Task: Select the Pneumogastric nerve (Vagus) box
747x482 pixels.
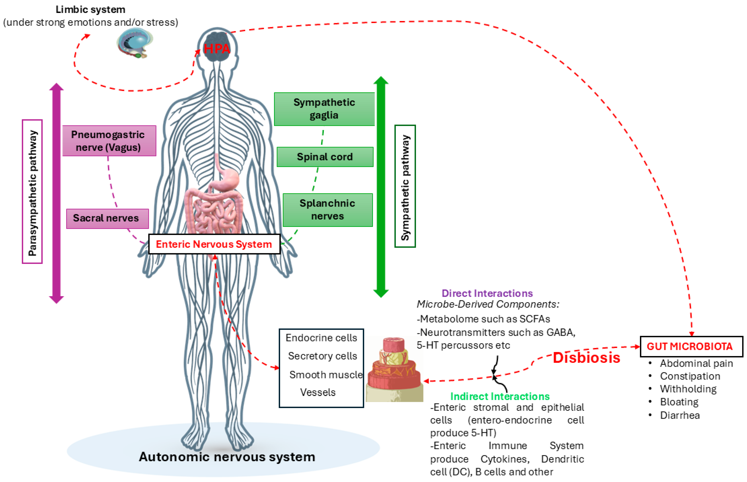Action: pos(109,141)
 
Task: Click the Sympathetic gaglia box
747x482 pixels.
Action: pos(324,109)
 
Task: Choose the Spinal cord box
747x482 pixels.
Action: pos(325,157)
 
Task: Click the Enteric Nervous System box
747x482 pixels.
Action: pos(214,244)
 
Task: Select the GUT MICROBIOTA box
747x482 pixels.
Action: pos(691,346)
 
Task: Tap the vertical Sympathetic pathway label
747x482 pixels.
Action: pos(405,187)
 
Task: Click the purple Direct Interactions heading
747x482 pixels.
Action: pos(487,293)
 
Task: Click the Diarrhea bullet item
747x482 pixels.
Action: pos(680,415)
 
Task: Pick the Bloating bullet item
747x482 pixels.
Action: pos(679,402)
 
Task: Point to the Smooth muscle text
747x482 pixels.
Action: pos(325,375)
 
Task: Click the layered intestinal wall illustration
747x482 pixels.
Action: pos(394,369)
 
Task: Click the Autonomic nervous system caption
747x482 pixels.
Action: pos(227,457)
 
